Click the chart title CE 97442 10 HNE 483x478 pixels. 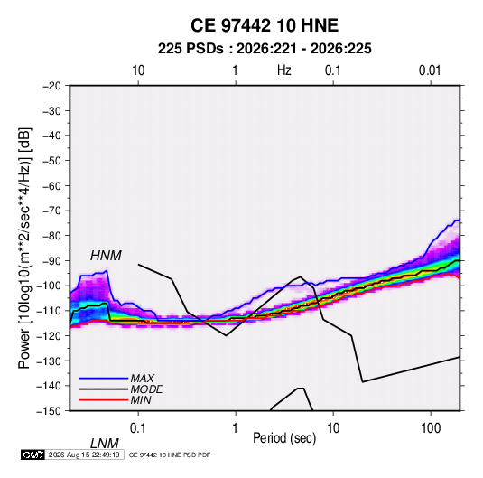coord(265,25)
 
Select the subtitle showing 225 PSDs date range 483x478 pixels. coord(265,49)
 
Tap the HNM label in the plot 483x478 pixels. coord(106,256)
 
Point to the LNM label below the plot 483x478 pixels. coord(104,444)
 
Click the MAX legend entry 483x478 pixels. coord(143,378)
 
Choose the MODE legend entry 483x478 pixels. coord(146,389)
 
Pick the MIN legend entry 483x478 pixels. coord(141,400)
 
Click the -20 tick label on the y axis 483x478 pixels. coord(51,86)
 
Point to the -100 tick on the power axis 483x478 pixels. coord(49,286)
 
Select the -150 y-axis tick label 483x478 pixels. coord(49,411)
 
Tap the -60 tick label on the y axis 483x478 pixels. coord(51,185)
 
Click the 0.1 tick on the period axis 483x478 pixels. coord(138,428)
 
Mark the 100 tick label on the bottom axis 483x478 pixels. coord(431,428)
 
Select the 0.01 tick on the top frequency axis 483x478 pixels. coord(430,70)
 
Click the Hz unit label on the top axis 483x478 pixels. coord(284,70)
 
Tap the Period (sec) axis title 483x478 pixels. coord(284,438)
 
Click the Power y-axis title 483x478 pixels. coord(24,248)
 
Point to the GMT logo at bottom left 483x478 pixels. coord(33,455)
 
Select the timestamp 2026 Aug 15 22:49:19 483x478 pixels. coord(84,455)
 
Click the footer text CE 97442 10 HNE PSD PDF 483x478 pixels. coord(170,455)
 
